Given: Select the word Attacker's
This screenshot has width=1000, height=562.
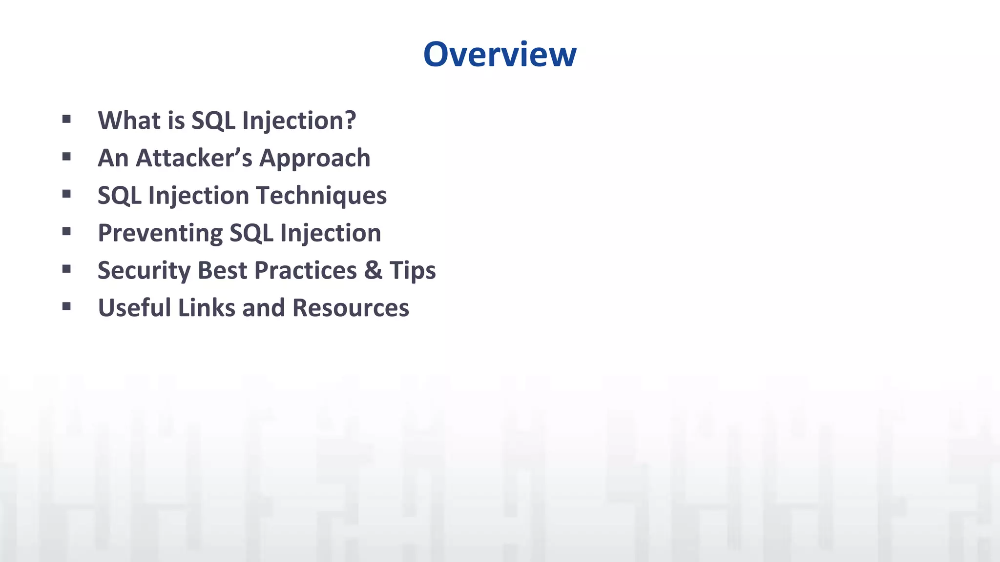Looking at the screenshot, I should pyautogui.click(x=194, y=158).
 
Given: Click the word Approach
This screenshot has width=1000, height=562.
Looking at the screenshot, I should pyautogui.click(x=314, y=159).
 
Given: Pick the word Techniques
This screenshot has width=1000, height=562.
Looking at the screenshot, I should pyautogui.click(x=321, y=196).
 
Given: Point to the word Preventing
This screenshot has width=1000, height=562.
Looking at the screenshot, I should pyautogui.click(x=160, y=233).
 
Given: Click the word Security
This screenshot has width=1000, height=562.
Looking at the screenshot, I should pyautogui.click(x=144, y=271).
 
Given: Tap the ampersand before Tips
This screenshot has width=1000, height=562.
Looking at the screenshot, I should pyautogui.click(x=373, y=270).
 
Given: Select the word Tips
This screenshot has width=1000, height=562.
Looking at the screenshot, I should pyautogui.click(x=412, y=271).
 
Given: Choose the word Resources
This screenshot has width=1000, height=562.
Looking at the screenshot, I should pyautogui.click(x=350, y=308).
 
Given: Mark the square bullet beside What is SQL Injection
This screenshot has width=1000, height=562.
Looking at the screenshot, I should pyautogui.click(x=67, y=119).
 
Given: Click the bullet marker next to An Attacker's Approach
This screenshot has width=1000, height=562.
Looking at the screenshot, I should pyautogui.click(x=67, y=157).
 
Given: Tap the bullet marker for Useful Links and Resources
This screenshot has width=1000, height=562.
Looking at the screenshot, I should pyautogui.click(x=67, y=306).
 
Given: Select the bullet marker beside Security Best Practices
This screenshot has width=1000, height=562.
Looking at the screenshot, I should pyautogui.click(x=67, y=269).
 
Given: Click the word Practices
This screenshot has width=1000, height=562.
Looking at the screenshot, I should pyautogui.click(x=305, y=270).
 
